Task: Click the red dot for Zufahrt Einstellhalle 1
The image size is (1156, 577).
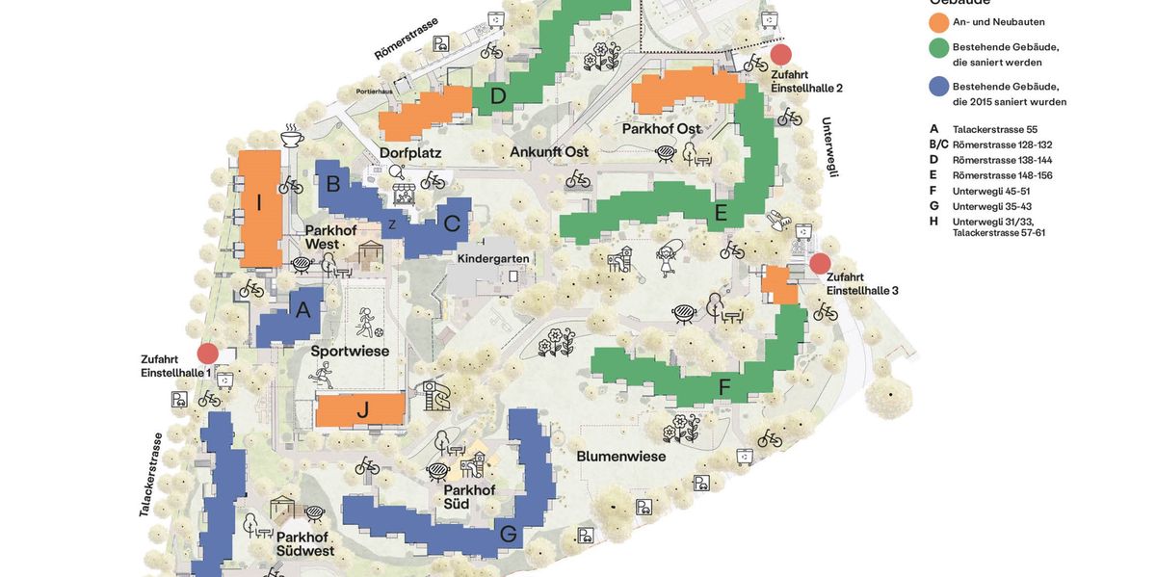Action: point(208,354)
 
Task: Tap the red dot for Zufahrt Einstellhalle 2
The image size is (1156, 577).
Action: point(780,55)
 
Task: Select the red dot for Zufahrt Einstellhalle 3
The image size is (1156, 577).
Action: point(820,263)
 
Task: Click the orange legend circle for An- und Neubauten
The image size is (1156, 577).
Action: point(939,22)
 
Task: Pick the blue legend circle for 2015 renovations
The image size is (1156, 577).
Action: point(939,87)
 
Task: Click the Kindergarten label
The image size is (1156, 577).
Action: point(493,259)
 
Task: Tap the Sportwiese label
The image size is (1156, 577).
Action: point(350,352)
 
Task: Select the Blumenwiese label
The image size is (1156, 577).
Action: point(620,456)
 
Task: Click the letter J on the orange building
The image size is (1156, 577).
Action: point(362,410)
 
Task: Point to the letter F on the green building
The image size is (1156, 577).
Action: point(724,387)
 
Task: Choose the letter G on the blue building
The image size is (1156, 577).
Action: point(508,534)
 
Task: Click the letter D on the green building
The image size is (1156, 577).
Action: point(498,95)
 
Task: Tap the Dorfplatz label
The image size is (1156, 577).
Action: point(410,152)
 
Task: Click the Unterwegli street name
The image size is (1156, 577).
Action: point(829,146)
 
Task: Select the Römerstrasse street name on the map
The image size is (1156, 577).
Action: point(406,39)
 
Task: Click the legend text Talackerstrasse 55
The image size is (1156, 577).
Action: point(995,129)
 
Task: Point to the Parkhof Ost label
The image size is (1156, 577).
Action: point(661,129)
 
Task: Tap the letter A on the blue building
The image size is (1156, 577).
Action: point(303,310)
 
